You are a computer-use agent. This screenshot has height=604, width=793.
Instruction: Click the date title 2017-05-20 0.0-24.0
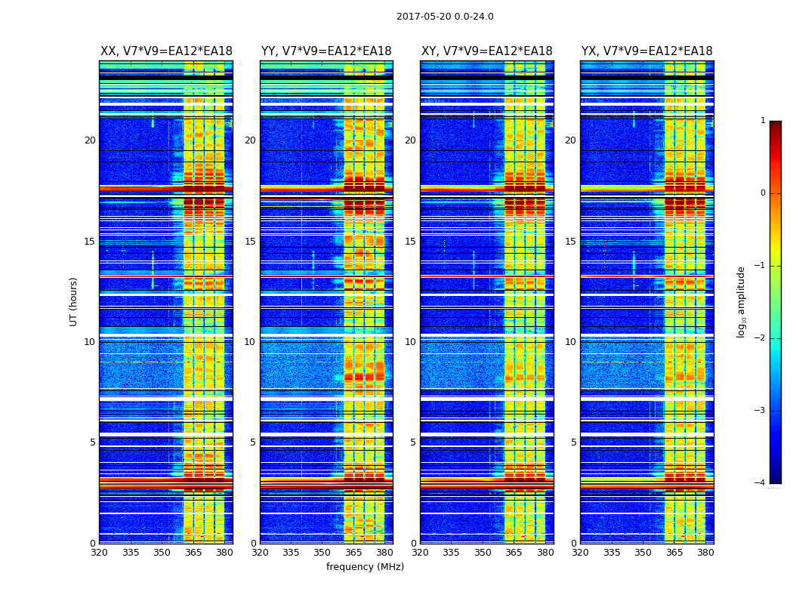pos(445,17)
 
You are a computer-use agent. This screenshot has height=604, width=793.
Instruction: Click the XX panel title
pos(166,51)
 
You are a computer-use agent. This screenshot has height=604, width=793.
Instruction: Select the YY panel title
pos(326,51)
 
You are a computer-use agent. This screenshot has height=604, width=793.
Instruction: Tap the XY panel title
pos(487,51)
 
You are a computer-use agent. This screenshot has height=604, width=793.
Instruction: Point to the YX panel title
pos(646,51)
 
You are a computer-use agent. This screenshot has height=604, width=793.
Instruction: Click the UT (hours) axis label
pos(74,301)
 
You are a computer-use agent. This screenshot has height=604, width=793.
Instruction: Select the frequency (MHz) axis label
pos(365,567)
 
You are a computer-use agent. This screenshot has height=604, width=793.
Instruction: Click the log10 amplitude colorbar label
pos(742,301)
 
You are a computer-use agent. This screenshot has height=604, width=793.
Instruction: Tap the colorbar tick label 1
pos(762,121)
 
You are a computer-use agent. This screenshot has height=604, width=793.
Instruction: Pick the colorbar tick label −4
pos(761,483)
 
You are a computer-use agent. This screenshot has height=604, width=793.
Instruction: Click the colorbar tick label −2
pos(761,338)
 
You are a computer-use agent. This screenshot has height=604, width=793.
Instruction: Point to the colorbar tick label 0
pos(762,193)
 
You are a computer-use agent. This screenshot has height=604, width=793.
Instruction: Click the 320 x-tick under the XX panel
pos(99,553)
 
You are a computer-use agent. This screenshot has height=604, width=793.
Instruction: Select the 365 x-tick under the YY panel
pos(353,553)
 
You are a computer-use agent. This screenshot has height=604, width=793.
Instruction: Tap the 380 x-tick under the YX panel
pos(705,553)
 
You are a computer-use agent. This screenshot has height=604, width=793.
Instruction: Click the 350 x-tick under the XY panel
pos(483,553)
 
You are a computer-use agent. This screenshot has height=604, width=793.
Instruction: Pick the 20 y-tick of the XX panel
pos(90,140)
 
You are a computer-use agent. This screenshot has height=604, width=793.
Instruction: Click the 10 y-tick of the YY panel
pos(250,342)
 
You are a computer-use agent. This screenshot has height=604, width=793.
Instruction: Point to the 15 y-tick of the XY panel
pos(410,242)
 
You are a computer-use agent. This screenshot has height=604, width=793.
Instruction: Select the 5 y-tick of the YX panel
pos(573,442)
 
